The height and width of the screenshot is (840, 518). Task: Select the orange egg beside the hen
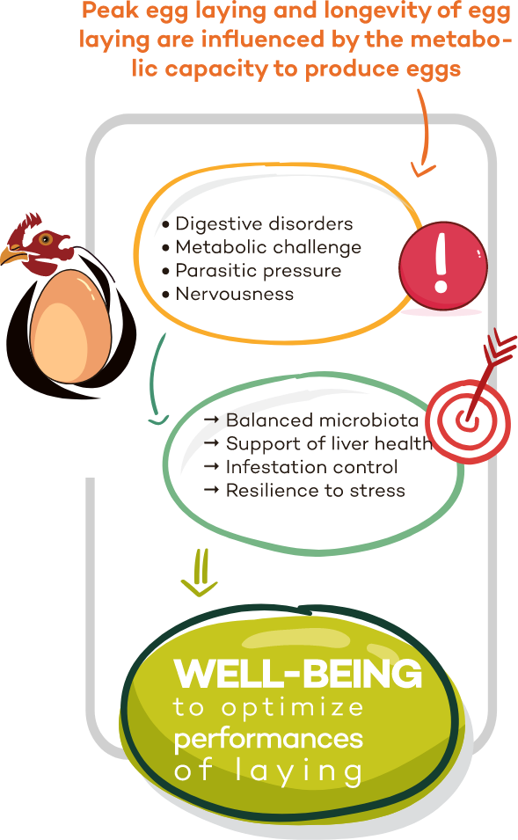pos(70,326)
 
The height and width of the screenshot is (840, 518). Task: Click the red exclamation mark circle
pos(442,265)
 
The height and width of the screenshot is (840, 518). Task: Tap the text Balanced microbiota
pos(322,420)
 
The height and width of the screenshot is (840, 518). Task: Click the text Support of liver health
pos(329,444)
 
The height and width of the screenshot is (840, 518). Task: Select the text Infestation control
pos(311,467)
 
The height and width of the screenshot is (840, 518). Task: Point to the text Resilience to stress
pos(316,491)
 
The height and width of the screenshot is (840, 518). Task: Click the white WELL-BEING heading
pos(298,674)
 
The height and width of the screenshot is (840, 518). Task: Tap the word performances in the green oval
pos(268,740)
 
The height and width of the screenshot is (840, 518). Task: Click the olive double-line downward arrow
pos(200,573)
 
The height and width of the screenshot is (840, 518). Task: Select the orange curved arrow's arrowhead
pos(423,169)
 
